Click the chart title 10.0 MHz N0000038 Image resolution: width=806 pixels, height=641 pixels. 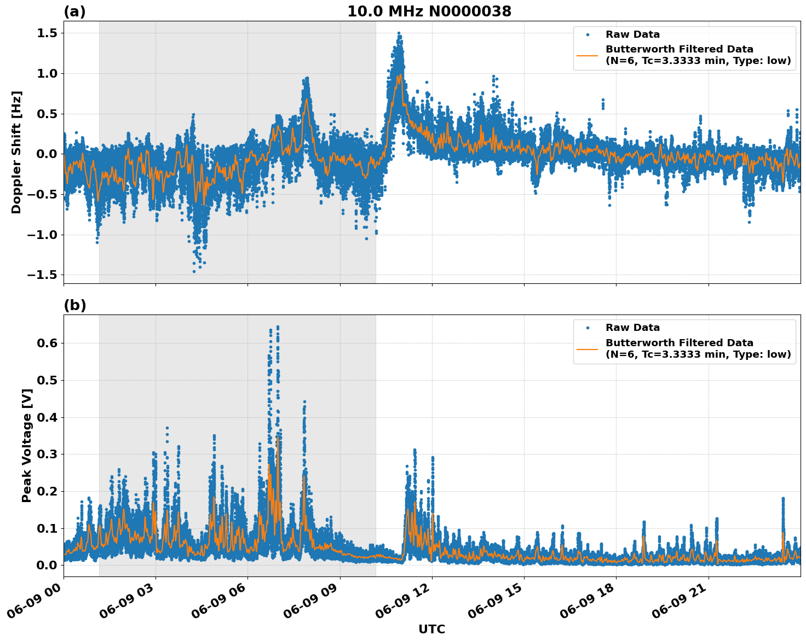tap(429, 11)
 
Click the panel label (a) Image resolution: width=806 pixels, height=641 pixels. tap(74, 11)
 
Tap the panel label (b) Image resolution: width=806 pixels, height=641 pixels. tap(74, 305)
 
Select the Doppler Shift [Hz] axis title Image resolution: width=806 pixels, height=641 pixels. tap(16, 152)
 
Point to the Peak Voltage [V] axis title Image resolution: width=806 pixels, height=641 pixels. tap(27, 445)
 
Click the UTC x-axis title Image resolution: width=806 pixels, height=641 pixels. tap(431, 629)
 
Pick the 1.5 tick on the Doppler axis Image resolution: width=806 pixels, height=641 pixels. tap(46, 33)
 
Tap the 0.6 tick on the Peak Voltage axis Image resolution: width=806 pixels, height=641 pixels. tap(46, 343)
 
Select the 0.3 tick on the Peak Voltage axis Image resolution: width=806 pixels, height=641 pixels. tap(46, 454)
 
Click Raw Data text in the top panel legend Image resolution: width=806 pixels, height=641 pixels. tap(632, 35)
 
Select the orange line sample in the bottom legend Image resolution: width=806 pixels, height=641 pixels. tap(587, 348)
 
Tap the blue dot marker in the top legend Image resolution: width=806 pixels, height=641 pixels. tap(587, 35)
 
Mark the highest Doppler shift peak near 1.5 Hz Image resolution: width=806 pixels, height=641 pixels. tap(399, 33)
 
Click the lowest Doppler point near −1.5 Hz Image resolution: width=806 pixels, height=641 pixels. tap(194, 271)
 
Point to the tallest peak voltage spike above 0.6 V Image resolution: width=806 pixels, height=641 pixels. tap(278, 327)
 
